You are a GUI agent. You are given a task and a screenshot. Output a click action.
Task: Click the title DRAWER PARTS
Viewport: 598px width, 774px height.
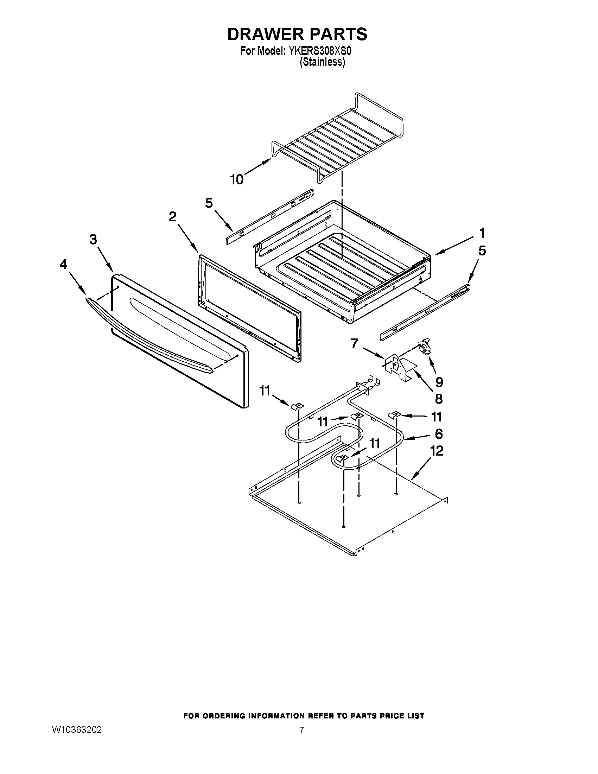pyautogui.click(x=297, y=34)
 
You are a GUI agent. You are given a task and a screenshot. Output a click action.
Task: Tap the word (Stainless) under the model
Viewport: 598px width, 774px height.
pyautogui.click(x=322, y=62)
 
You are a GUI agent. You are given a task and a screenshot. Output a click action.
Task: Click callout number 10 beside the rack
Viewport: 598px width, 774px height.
pyautogui.click(x=237, y=180)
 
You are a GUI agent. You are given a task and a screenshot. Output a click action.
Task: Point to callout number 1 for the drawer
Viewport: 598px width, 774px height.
pyautogui.click(x=482, y=234)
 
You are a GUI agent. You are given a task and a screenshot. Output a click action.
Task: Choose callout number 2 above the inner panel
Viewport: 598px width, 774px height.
pyautogui.click(x=172, y=216)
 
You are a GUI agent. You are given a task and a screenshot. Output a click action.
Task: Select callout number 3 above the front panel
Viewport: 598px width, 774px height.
pyautogui.click(x=93, y=240)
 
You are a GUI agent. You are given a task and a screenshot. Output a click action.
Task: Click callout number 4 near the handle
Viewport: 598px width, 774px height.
pyautogui.click(x=63, y=264)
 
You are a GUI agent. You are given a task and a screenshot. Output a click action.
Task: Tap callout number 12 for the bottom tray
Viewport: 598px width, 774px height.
pyautogui.click(x=437, y=451)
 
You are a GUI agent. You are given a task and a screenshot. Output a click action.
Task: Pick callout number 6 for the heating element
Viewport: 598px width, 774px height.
pyautogui.click(x=439, y=434)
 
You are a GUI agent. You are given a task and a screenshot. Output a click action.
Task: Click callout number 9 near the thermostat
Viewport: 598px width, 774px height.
pyautogui.click(x=439, y=382)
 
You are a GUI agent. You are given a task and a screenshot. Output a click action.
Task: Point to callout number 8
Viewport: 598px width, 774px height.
pyautogui.click(x=439, y=399)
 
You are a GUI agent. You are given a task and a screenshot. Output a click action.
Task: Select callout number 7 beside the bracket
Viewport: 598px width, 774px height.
pyautogui.click(x=355, y=343)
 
